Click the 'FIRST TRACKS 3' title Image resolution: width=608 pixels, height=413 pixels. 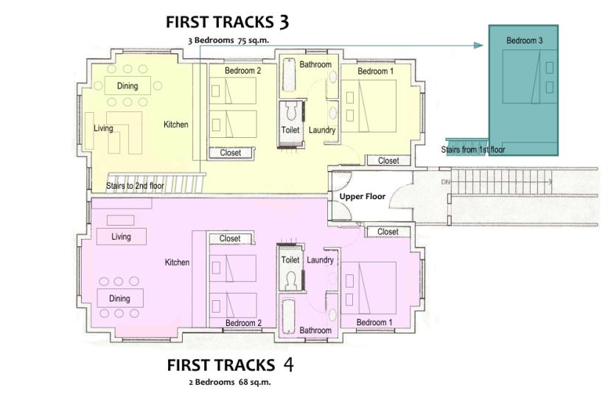pyautogui.click(x=228, y=22)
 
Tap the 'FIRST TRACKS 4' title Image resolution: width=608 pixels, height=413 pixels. pyautogui.click(x=230, y=365)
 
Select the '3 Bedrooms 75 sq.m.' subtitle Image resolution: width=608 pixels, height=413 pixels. pyautogui.click(x=228, y=41)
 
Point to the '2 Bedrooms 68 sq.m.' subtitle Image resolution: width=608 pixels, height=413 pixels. pyautogui.click(x=230, y=382)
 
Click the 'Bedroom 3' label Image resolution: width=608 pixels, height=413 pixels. pyautogui.click(x=524, y=41)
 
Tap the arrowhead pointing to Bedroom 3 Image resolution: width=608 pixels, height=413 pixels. pyautogui.click(x=478, y=46)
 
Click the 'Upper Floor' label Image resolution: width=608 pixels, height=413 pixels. pyautogui.click(x=363, y=196)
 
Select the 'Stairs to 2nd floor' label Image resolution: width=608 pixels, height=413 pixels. pyautogui.click(x=135, y=186)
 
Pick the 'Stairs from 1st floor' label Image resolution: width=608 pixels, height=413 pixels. pyautogui.click(x=472, y=150)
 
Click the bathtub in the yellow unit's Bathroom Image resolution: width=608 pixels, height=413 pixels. pyautogui.click(x=288, y=75)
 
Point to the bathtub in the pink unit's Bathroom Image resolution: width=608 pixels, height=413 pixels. pyautogui.click(x=288, y=316)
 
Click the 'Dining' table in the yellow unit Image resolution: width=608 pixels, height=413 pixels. pyautogui.click(x=127, y=86)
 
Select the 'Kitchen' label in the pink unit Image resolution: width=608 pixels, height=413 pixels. pyautogui.click(x=177, y=263)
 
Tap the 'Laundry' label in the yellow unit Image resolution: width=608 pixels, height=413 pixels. pyautogui.click(x=322, y=130)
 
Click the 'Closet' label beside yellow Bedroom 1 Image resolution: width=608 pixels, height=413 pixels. pyautogui.click(x=388, y=161)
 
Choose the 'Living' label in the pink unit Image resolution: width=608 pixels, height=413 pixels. pyautogui.click(x=121, y=237)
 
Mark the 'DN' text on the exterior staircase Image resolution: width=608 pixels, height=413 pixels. pyautogui.click(x=446, y=182)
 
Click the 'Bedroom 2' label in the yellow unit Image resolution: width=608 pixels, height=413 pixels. pyautogui.click(x=242, y=71)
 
